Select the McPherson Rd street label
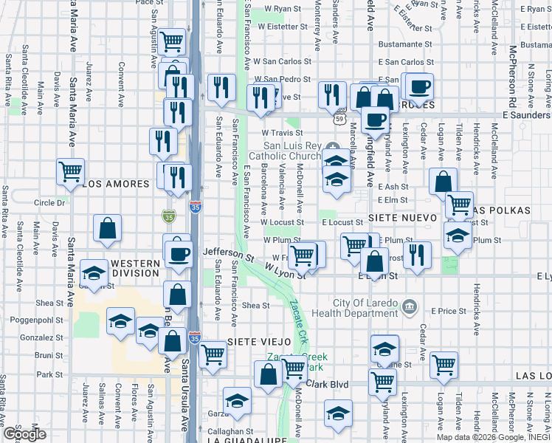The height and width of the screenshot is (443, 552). (x=511, y=74)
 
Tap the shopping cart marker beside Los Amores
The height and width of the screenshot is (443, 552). (x=70, y=171)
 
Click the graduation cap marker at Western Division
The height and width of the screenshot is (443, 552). (x=94, y=273)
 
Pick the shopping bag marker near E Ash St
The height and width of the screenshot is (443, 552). (x=443, y=180)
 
